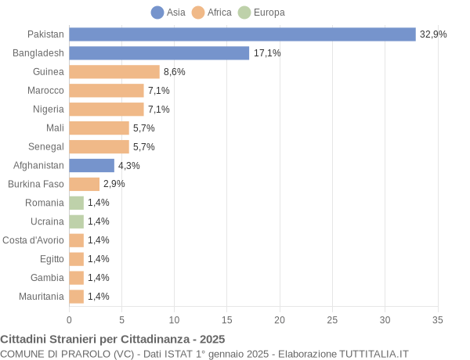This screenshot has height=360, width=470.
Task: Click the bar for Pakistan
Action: click(242, 34)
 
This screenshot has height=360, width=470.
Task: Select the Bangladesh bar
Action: click(159, 53)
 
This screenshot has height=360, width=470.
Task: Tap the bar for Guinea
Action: click(114, 72)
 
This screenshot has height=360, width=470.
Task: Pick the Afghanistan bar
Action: click(92, 165)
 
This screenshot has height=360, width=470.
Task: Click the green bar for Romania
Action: click(76, 203)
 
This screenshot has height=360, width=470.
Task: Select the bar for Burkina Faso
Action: click(84, 184)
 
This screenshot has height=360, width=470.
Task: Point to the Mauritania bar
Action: click(76, 297)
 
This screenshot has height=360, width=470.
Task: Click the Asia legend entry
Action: click(168, 13)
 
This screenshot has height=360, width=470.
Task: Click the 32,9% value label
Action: click(433, 34)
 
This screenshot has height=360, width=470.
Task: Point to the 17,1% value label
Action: click(267, 53)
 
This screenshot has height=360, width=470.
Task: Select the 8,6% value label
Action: click(175, 72)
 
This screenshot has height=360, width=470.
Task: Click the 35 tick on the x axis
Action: click(438, 319)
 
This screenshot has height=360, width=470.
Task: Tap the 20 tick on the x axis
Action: click(280, 319)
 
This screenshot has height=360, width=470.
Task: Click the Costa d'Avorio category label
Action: click(33, 240)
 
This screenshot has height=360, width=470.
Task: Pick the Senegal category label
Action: click(45, 146)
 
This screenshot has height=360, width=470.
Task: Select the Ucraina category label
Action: click(47, 221)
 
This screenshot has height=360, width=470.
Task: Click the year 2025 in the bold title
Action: click(211, 339)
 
